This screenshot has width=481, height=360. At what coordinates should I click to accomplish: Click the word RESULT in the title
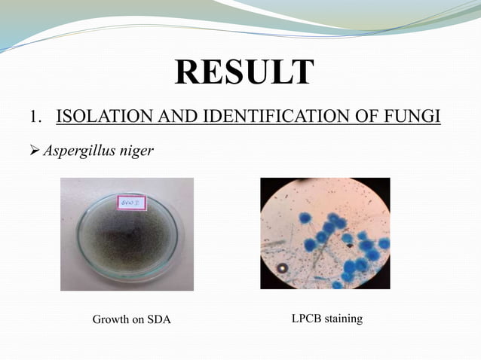[x=244, y=72]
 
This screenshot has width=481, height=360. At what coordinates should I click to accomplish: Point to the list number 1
[x=34, y=117]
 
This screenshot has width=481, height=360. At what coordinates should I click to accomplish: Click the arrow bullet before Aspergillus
[x=34, y=151]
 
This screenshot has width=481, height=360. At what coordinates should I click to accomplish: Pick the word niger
[x=138, y=151]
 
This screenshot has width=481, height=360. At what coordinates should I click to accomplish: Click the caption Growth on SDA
[x=131, y=320]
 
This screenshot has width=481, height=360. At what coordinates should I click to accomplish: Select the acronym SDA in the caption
[x=158, y=320]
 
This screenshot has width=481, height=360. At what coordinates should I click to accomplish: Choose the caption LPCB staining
[x=326, y=319]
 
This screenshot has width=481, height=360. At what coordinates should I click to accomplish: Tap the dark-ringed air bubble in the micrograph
[x=282, y=268]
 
